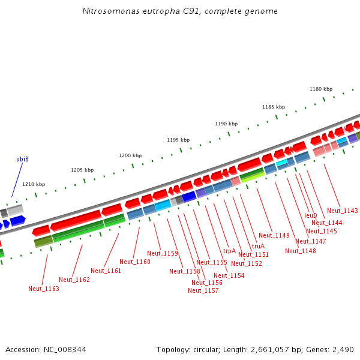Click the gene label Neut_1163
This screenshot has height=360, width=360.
[x=44, y=289]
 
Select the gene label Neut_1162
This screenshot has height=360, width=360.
[x=74, y=280]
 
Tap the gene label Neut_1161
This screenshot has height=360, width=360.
[x=106, y=271]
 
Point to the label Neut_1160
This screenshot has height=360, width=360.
[x=135, y=262]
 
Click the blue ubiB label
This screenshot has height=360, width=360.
[x=22, y=159]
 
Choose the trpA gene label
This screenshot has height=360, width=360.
[x=229, y=251]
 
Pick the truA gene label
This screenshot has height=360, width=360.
[x=258, y=246]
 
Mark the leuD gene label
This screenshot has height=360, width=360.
[x=310, y=215]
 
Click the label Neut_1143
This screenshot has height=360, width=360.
[x=343, y=211]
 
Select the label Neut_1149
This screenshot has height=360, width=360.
[x=274, y=235]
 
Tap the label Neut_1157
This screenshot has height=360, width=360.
[x=203, y=290]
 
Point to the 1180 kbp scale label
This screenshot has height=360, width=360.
[x=321, y=89]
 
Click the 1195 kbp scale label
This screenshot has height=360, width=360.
[x=178, y=140]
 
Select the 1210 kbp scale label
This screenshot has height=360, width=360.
[x=34, y=184]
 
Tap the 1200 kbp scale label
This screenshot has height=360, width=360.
[x=130, y=155]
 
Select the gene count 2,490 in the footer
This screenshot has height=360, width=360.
[x=342, y=349]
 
